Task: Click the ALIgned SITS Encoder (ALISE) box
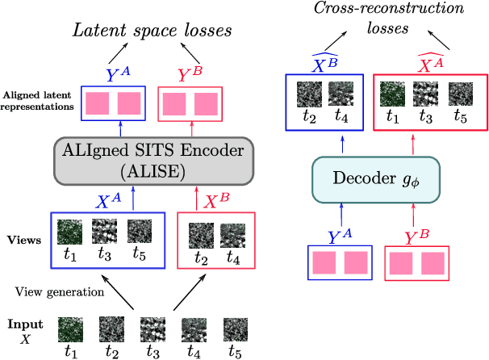click(x=153, y=158)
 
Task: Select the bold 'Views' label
click(x=23, y=241)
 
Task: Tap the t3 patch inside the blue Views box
click(x=104, y=232)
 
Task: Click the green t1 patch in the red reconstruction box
click(x=394, y=94)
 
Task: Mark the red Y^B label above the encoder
click(x=191, y=74)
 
